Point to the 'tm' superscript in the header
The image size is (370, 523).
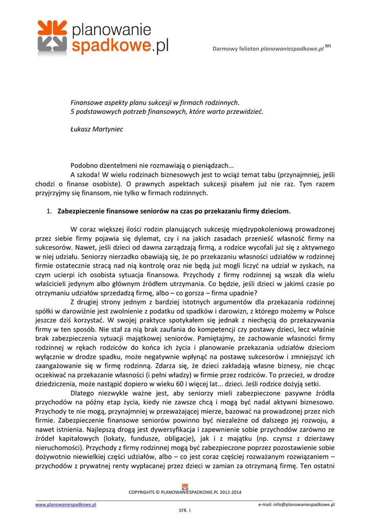click(x=328, y=46)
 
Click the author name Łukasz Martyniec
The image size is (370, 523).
click(x=97, y=129)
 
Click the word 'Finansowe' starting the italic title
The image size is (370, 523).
click(x=86, y=102)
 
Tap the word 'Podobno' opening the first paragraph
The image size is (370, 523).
click(x=83, y=165)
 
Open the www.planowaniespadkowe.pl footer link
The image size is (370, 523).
click(x=66, y=505)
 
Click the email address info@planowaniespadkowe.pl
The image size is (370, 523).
click(x=296, y=505)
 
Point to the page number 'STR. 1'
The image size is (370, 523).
click(x=184, y=510)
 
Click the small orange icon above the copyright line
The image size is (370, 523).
click(x=185, y=486)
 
